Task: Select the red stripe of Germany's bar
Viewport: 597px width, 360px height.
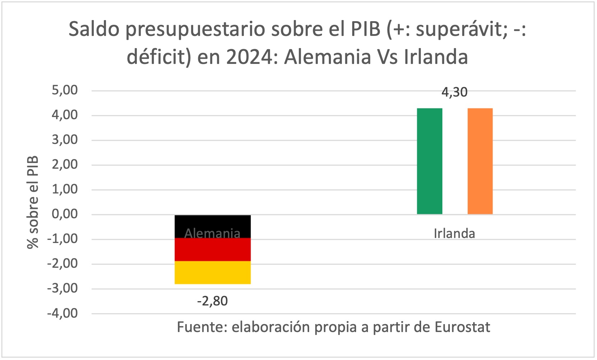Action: (213, 250)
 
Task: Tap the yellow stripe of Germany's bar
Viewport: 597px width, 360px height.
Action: (213, 273)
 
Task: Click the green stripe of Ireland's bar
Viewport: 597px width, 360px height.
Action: (429, 161)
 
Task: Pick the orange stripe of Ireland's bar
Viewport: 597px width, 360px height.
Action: (480, 161)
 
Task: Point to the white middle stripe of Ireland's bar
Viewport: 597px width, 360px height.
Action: (455, 161)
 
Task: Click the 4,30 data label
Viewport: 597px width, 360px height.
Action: (454, 93)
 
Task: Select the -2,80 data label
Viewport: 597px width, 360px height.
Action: (213, 301)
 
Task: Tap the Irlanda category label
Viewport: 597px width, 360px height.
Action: (454, 234)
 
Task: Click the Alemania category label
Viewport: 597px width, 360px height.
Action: (213, 234)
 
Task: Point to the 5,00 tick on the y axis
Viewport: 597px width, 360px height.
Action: (65, 90)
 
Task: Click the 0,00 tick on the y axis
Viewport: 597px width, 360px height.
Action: (65, 214)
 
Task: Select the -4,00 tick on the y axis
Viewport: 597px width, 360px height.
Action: (62, 313)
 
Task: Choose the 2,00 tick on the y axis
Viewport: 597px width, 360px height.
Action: (65, 165)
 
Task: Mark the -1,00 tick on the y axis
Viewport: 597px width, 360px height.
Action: (62, 239)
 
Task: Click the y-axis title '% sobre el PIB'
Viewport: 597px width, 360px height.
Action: (33, 202)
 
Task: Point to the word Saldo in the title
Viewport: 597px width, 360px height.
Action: (94, 29)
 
